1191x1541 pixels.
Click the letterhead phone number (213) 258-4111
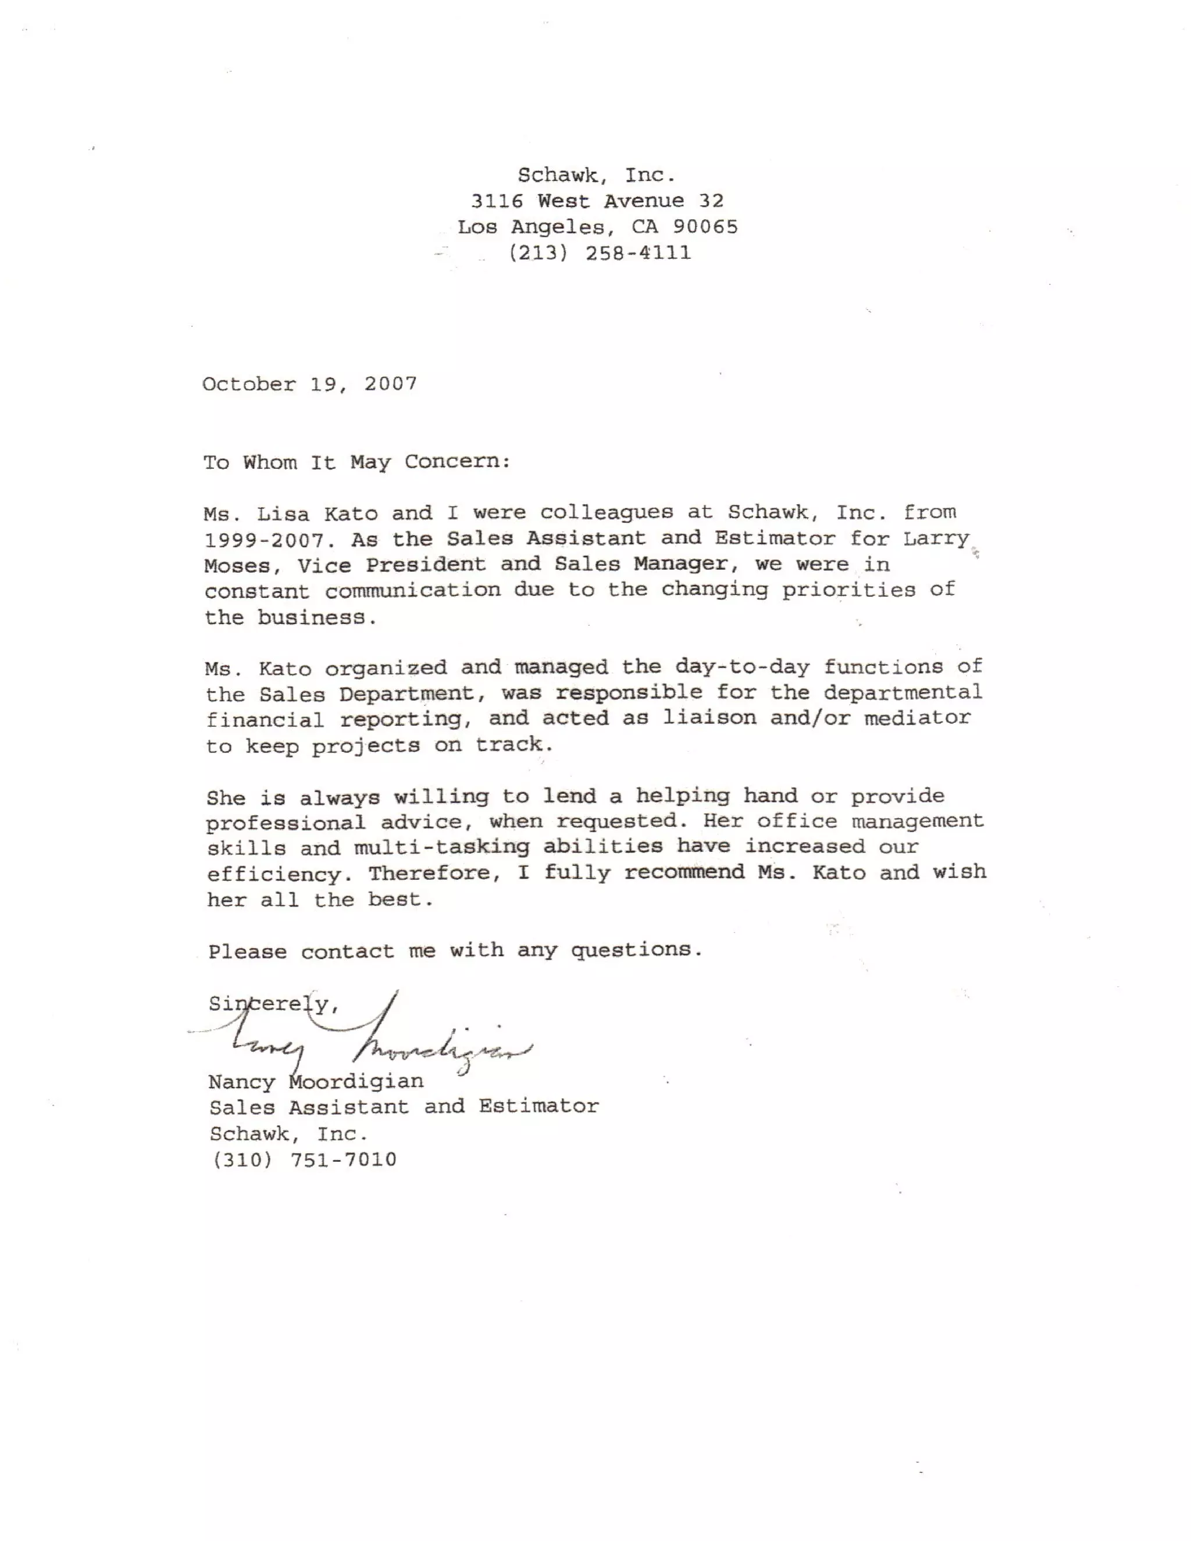[600, 252]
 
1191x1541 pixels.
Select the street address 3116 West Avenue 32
[597, 201]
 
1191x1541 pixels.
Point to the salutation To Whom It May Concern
[356, 462]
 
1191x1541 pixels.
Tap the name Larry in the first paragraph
[936, 538]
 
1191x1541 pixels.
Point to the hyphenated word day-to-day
[741, 667]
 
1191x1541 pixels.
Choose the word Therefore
[434, 873]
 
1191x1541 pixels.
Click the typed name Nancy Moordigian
[316, 1082]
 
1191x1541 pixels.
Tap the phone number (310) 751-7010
[304, 1160]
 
